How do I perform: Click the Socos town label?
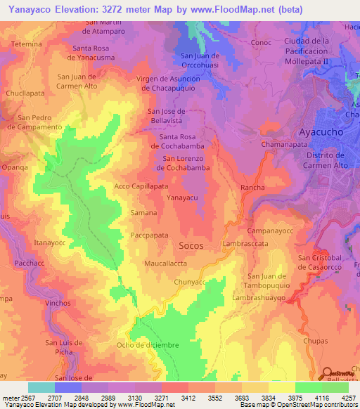(191, 246)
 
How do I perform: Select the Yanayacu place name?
(182, 199)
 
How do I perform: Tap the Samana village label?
(143, 212)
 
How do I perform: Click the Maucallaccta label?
(165, 264)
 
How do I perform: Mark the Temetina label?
(27, 44)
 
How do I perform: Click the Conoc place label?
(261, 43)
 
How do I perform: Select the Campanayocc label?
(269, 231)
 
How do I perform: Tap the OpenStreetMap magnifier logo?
(328, 374)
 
